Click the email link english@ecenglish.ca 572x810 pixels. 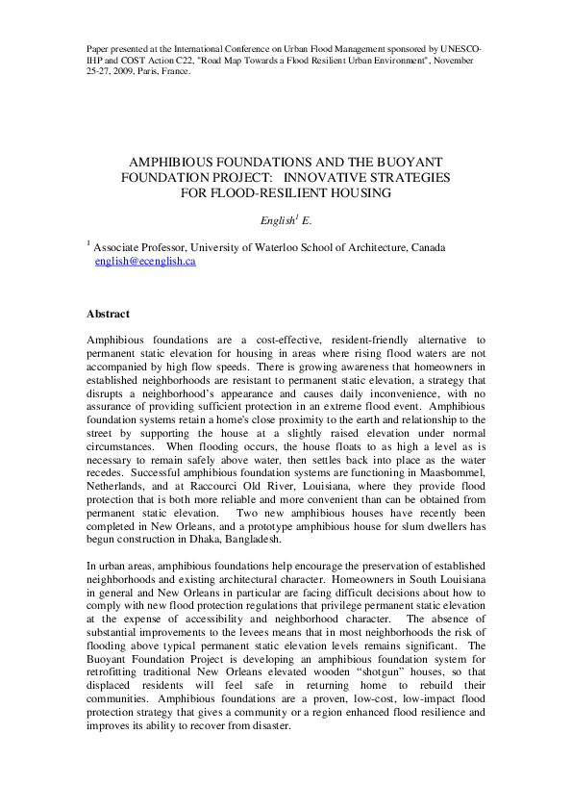(145, 262)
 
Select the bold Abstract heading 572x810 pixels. (109, 314)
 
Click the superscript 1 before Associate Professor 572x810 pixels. (88, 244)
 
